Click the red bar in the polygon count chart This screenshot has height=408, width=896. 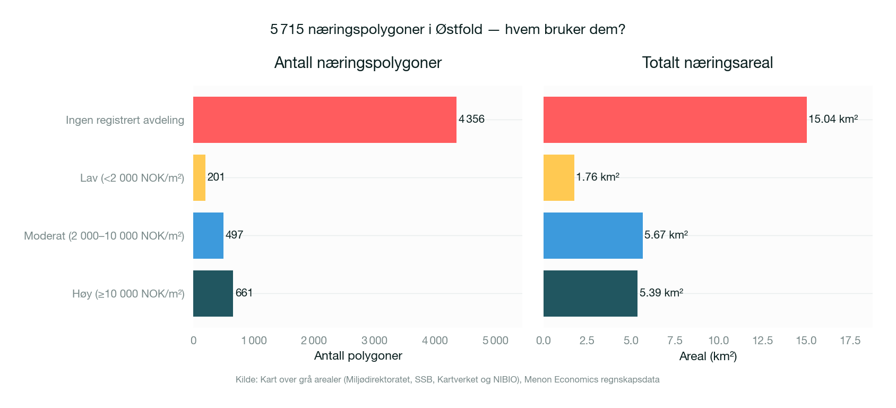[324, 120]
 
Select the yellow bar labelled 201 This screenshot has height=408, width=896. [199, 177]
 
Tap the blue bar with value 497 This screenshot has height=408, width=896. [208, 235]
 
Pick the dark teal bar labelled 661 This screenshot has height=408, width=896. [213, 293]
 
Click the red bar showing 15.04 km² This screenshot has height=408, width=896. [675, 120]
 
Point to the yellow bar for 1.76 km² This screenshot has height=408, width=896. [558, 177]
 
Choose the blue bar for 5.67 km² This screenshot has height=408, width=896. [593, 235]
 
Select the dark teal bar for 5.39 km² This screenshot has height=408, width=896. [590, 293]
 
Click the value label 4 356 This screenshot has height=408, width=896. [471, 119]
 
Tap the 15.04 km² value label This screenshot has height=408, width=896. [833, 119]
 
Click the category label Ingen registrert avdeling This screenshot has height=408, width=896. [125, 120]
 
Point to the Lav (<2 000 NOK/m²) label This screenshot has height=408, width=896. [132, 178]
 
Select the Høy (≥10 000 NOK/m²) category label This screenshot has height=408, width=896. [128, 294]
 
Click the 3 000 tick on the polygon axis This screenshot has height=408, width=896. [374, 341]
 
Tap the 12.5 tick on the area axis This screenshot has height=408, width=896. [762, 341]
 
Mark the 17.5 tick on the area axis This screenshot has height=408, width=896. [850, 341]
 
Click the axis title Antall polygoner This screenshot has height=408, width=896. [358, 356]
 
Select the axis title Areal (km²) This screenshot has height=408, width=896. [708, 356]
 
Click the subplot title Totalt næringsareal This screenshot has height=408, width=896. [707, 63]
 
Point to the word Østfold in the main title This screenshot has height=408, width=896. [459, 29]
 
